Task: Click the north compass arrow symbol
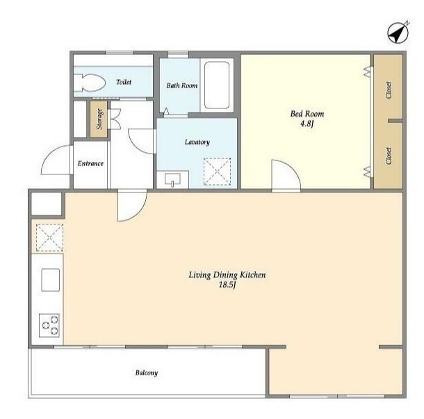coord(398,33)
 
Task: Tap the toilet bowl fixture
coord(90,83)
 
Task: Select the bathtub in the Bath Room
coord(217,85)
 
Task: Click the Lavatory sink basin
coord(172,179)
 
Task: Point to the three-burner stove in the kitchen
coord(49,325)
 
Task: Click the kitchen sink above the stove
coord(50,280)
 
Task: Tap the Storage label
coord(99,119)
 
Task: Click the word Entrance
coord(90,163)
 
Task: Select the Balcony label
coord(147,372)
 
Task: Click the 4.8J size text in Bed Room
coord(307,124)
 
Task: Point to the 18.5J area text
coord(227,285)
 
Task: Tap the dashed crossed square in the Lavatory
coord(217,172)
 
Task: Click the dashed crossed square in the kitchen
coord(49,238)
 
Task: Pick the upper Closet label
coord(389,90)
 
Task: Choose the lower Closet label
coord(389,156)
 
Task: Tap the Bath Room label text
coord(182,85)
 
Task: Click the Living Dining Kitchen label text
coord(227,275)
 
